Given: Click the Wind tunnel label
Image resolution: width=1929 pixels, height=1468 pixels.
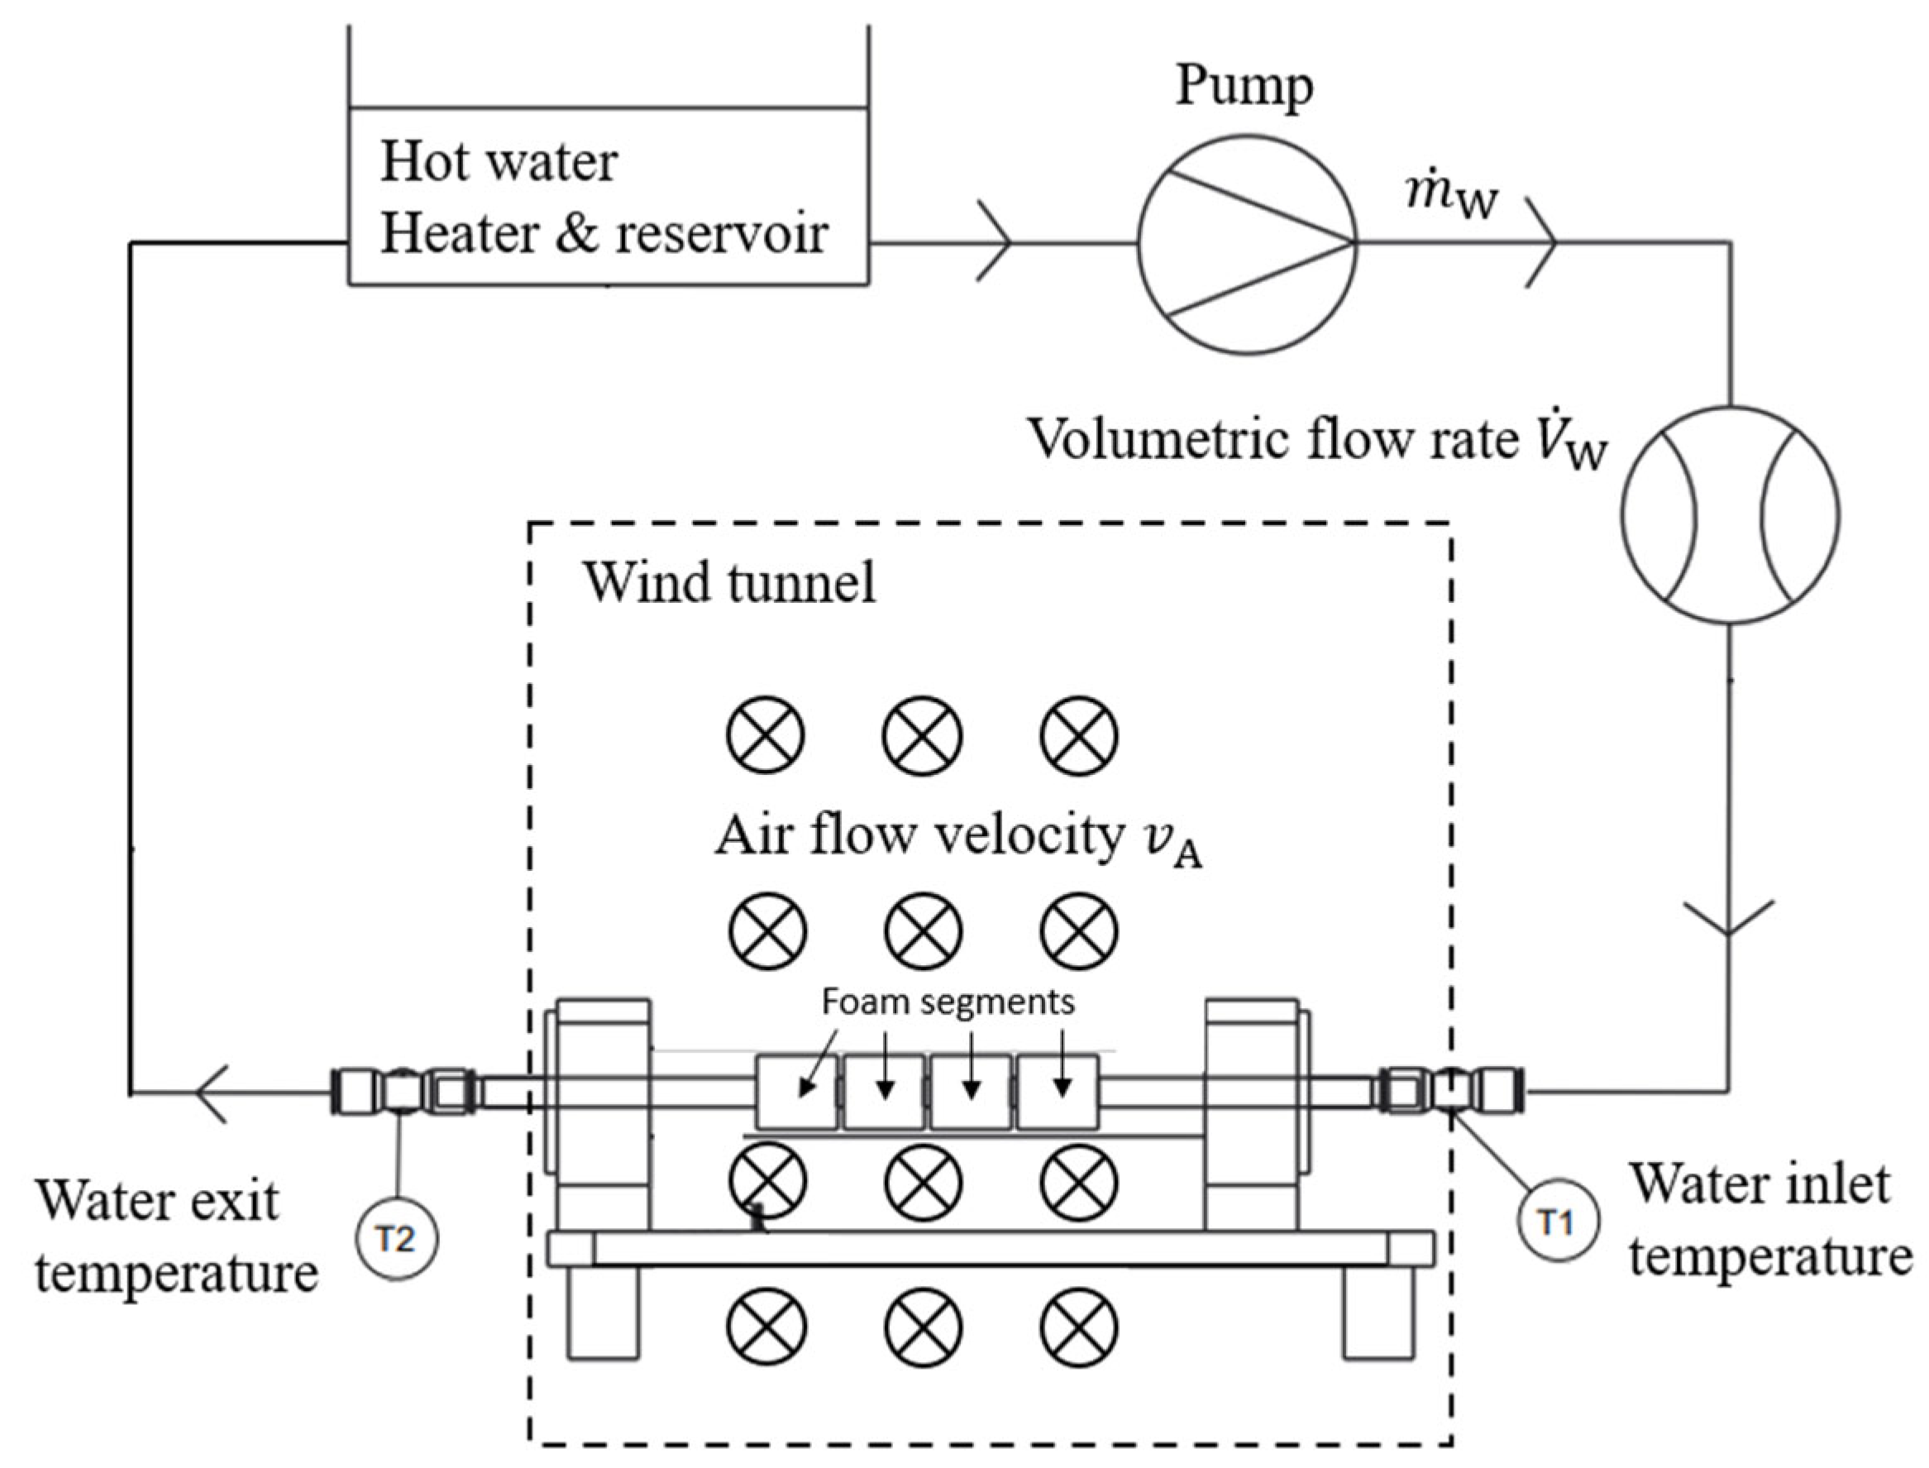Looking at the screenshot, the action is pos(729,582).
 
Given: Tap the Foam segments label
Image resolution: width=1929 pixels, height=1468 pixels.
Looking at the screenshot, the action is pos(948,1002).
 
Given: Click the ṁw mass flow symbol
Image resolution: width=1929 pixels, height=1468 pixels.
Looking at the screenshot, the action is pos(1452,198).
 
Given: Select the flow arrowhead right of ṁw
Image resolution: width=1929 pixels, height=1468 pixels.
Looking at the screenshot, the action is pos(1542,242).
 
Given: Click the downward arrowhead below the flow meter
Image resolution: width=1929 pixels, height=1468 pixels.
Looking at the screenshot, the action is pos(1729,918).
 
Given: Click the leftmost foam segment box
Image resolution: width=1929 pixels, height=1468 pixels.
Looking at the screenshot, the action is pos(797,1093).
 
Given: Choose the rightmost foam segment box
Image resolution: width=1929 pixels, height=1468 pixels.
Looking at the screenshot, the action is pos(1058,1093).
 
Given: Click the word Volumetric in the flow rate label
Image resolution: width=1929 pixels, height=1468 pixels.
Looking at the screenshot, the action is pos(1157,439).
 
